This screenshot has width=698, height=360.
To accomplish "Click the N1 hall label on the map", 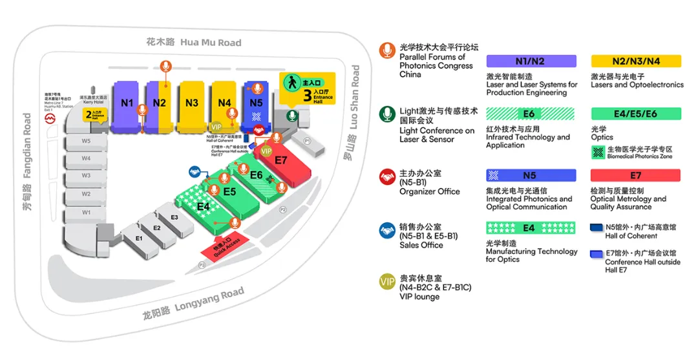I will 127,103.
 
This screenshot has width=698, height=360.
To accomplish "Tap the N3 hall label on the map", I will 192,103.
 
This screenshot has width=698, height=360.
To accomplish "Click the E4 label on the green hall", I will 204,207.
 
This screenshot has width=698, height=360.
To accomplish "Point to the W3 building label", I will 86,176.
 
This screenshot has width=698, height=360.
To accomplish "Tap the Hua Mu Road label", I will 193,43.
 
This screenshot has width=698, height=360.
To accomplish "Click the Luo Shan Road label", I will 354,97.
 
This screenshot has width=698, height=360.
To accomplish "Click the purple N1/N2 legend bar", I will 530,61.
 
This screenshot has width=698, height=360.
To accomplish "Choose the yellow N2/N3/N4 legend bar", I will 636,61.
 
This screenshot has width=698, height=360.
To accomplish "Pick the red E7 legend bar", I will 636,175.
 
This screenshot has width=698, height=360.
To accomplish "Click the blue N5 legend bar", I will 530,175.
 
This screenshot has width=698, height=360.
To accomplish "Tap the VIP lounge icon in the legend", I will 387,282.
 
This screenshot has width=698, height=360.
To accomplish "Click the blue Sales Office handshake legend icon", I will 387,230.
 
